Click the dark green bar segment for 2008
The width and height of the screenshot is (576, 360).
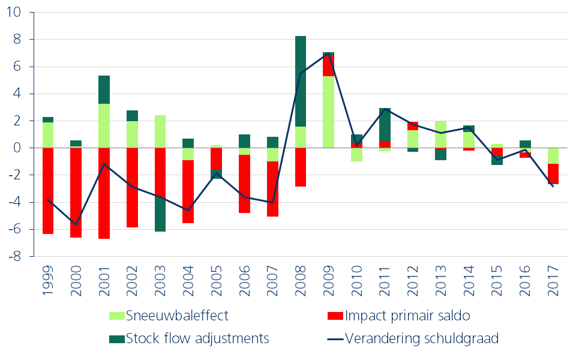(301, 81)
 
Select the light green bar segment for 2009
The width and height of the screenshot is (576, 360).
(329, 112)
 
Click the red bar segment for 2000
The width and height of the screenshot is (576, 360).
(76, 193)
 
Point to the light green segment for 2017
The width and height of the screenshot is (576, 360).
(553, 155)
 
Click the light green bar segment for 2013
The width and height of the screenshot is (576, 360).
(441, 134)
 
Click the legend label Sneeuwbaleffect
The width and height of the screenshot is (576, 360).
(177, 315)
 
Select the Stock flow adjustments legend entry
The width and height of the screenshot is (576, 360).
(197, 338)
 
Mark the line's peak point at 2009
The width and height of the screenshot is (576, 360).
(329, 54)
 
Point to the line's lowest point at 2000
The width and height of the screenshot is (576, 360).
(76, 224)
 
